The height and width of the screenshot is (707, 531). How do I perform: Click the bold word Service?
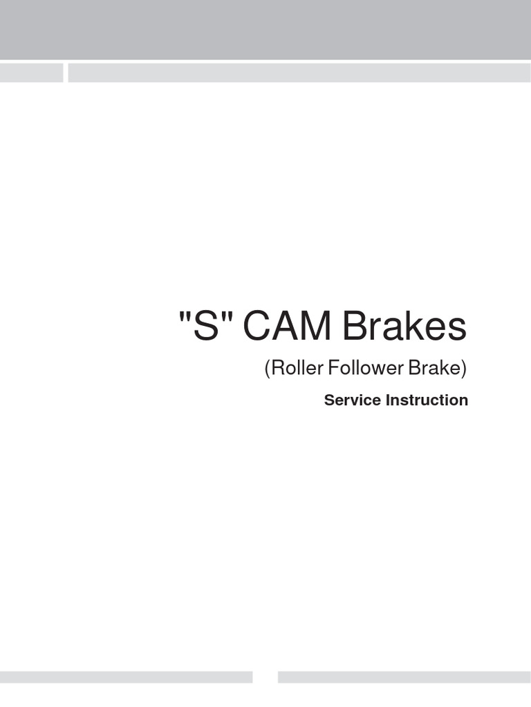[x=353, y=400]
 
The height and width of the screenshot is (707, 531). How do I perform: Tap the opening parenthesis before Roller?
[x=268, y=369]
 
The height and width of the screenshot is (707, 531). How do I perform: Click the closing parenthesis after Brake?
[x=465, y=369]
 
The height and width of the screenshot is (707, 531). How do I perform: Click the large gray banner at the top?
[x=265, y=29]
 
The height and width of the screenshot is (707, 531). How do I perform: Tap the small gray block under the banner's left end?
[x=31, y=72]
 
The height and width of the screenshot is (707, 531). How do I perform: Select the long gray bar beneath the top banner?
[x=299, y=72]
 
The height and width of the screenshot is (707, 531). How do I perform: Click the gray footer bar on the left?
[x=126, y=677]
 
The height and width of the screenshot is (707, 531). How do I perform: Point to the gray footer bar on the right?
[x=404, y=677]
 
